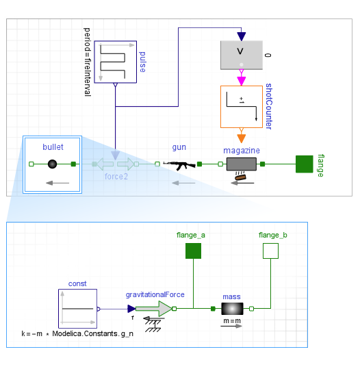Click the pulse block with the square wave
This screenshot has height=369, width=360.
click(x=115, y=62)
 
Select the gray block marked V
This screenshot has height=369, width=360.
click(x=242, y=55)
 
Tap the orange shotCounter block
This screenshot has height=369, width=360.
click(x=242, y=107)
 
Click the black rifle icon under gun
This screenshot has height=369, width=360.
click(x=179, y=165)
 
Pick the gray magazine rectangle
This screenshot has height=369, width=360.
click(x=242, y=164)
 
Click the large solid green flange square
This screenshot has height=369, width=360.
click(x=305, y=164)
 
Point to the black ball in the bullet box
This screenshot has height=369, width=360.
click(x=52, y=164)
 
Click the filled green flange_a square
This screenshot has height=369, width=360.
click(x=193, y=251)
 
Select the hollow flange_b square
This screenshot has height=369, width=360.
click(x=270, y=251)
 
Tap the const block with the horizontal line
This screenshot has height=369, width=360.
click(x=77, y=309)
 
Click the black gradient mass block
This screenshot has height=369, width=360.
click(x=232, y=309)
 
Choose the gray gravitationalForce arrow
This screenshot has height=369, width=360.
click(x=154, y=309)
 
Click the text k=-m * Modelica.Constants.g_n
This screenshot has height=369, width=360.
click(x=77, y=333)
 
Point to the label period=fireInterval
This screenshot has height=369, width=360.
click(x=87, y=62)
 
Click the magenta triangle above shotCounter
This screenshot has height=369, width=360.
click(x=242, y=81)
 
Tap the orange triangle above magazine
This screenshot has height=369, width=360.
click(x=242, y=138)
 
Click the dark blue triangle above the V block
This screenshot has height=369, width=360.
click(x=242, y=36)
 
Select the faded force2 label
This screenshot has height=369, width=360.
click(x=116, y=177)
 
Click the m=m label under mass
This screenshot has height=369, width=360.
click(x=232, y=321)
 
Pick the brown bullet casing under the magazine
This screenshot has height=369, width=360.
click(x=240, y=177)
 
